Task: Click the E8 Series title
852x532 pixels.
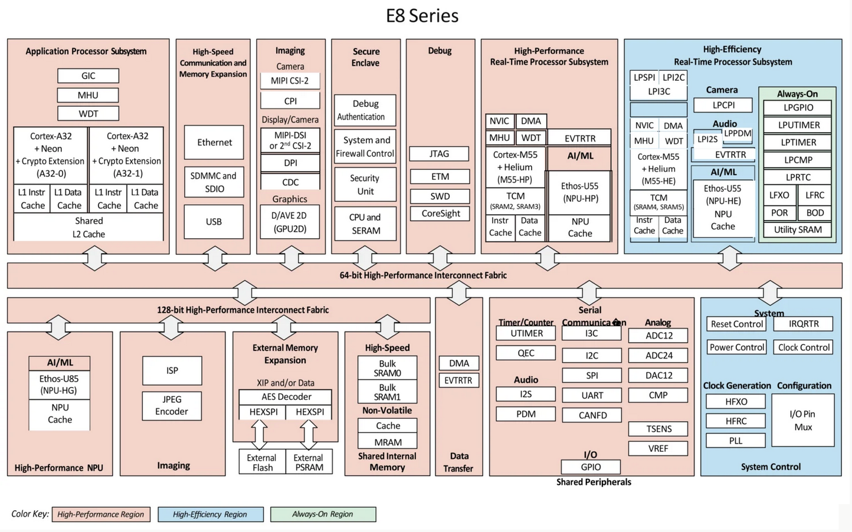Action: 422,16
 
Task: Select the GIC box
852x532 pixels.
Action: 89,75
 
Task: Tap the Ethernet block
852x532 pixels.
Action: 214,142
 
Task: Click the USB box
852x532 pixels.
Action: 214,222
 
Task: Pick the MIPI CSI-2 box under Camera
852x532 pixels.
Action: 290,81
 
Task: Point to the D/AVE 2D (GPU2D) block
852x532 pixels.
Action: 290,222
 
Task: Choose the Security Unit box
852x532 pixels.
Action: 365,185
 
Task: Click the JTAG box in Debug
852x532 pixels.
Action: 439,153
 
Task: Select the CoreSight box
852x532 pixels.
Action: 440,214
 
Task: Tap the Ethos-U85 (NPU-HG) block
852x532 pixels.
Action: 59,385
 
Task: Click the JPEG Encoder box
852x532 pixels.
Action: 172,406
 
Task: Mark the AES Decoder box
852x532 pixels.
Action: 286,397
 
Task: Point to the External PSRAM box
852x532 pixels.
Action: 309,462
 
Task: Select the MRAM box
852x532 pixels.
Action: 388,442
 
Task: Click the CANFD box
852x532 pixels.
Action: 592,415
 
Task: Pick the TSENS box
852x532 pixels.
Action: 658,429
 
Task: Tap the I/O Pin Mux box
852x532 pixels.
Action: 803,421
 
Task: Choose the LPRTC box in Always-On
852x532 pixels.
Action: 798,177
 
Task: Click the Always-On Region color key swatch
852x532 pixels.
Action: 323,514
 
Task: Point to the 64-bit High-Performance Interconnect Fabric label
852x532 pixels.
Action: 423,275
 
